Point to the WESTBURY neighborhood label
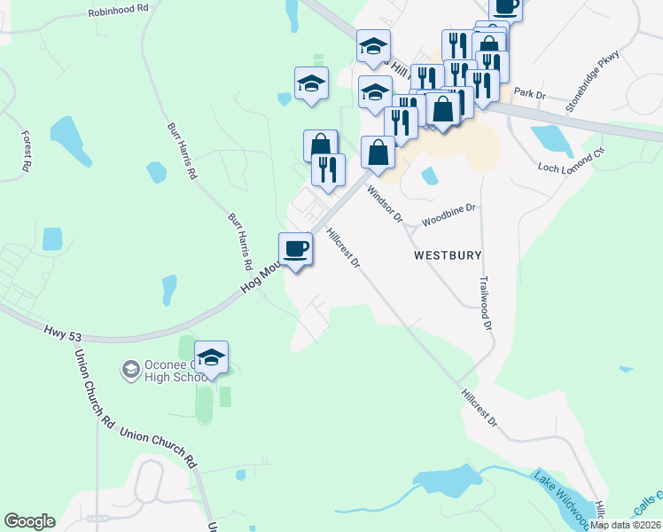448,255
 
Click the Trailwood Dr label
485,302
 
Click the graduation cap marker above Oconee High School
211,357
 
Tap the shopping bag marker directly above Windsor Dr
378,153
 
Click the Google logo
29,521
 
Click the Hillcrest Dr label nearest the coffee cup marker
343,249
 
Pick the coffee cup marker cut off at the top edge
505,7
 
